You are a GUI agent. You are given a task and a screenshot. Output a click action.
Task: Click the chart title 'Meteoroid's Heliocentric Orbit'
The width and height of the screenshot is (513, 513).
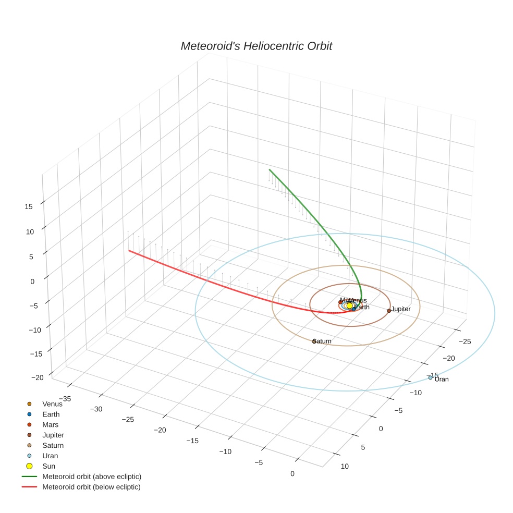click(256, 46)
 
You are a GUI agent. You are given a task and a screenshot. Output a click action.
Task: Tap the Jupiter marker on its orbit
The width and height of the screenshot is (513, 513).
click(389, 311)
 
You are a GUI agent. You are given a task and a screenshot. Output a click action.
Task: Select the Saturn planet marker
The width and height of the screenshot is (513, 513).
click(314, 341)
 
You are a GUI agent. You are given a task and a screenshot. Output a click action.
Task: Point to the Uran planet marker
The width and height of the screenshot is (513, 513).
click(431, 377)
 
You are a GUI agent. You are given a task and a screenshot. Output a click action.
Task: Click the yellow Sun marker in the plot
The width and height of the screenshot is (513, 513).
click(350, 306)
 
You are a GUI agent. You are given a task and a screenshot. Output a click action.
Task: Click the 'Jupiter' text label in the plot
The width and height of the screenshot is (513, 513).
click(401, 309)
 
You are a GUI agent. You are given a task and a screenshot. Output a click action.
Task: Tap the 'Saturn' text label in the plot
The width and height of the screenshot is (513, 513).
click(323, 341)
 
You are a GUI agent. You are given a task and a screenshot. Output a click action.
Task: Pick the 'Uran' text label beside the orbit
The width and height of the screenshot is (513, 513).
click(442, 380)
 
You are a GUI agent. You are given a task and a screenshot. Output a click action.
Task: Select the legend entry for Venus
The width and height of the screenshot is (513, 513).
click(52, 404)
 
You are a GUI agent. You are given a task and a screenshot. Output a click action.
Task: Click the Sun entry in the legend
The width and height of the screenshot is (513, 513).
click(48, 466)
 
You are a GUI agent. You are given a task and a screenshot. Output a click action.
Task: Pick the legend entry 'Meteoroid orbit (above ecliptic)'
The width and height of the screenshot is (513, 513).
click(92, 477)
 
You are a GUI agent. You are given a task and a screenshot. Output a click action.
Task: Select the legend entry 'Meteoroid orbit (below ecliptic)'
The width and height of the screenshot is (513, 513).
click(92, 487)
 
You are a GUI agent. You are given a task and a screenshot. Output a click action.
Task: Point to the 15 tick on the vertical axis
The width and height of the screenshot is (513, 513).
click(29, 206)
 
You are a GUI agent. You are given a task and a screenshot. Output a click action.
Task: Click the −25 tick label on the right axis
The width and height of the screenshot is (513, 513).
click(465, 341)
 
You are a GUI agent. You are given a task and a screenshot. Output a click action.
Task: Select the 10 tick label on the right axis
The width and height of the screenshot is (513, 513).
click(345, 466)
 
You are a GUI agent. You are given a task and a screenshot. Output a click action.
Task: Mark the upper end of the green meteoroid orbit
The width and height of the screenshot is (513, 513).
click(269, 169)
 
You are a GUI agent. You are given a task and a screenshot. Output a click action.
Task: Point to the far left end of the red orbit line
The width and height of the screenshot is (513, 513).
click(129, 251)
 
